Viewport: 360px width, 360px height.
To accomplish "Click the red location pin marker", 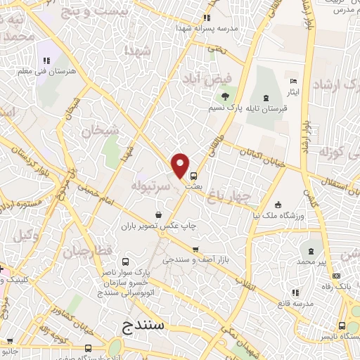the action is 181,165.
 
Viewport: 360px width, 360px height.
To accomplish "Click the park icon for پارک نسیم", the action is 225,96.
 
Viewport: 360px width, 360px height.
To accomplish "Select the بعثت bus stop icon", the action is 193,176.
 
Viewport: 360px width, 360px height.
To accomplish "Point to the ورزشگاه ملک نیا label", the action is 280,215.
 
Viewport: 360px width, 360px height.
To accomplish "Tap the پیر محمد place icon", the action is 311,251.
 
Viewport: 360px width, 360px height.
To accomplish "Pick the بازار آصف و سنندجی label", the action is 195,260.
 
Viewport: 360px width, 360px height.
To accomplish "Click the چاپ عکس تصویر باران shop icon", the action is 159,215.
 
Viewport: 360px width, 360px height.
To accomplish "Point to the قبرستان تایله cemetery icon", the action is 265,98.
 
